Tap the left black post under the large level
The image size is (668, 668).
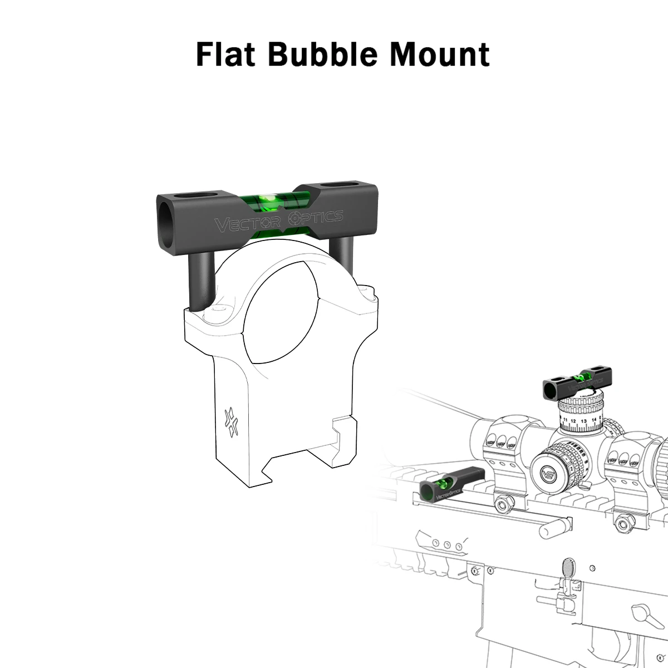tap(200, 281)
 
